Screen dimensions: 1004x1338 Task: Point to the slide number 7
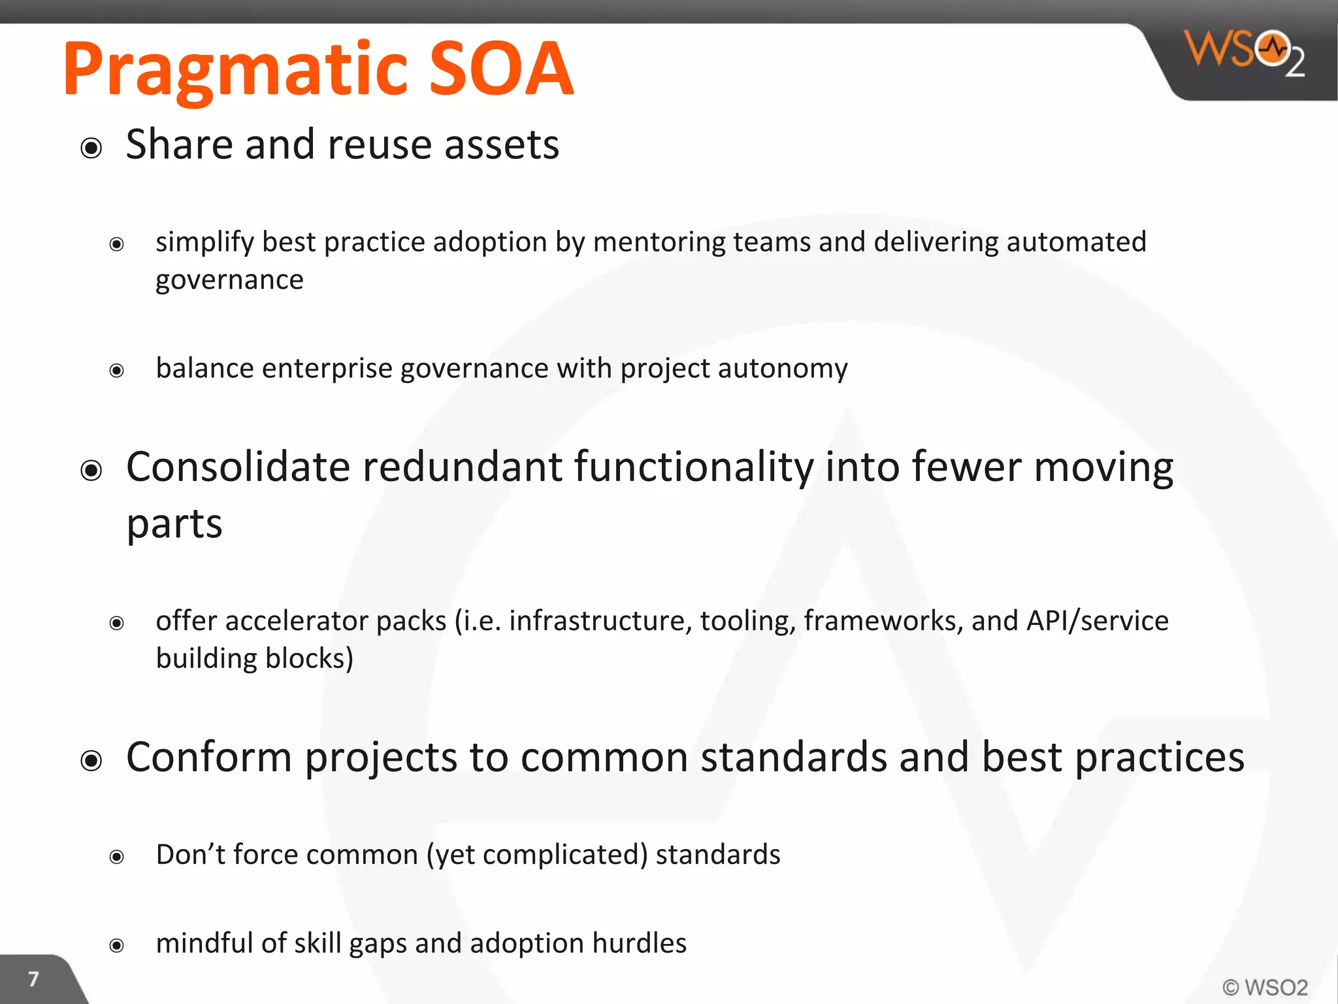tap(33, 979)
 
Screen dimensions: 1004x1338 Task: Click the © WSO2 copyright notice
tap(1265, 986)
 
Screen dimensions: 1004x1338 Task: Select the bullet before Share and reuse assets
tap(91, 148)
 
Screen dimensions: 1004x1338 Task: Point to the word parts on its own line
tap(174, 525)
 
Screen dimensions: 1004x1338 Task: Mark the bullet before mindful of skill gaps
tap(117, 945)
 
